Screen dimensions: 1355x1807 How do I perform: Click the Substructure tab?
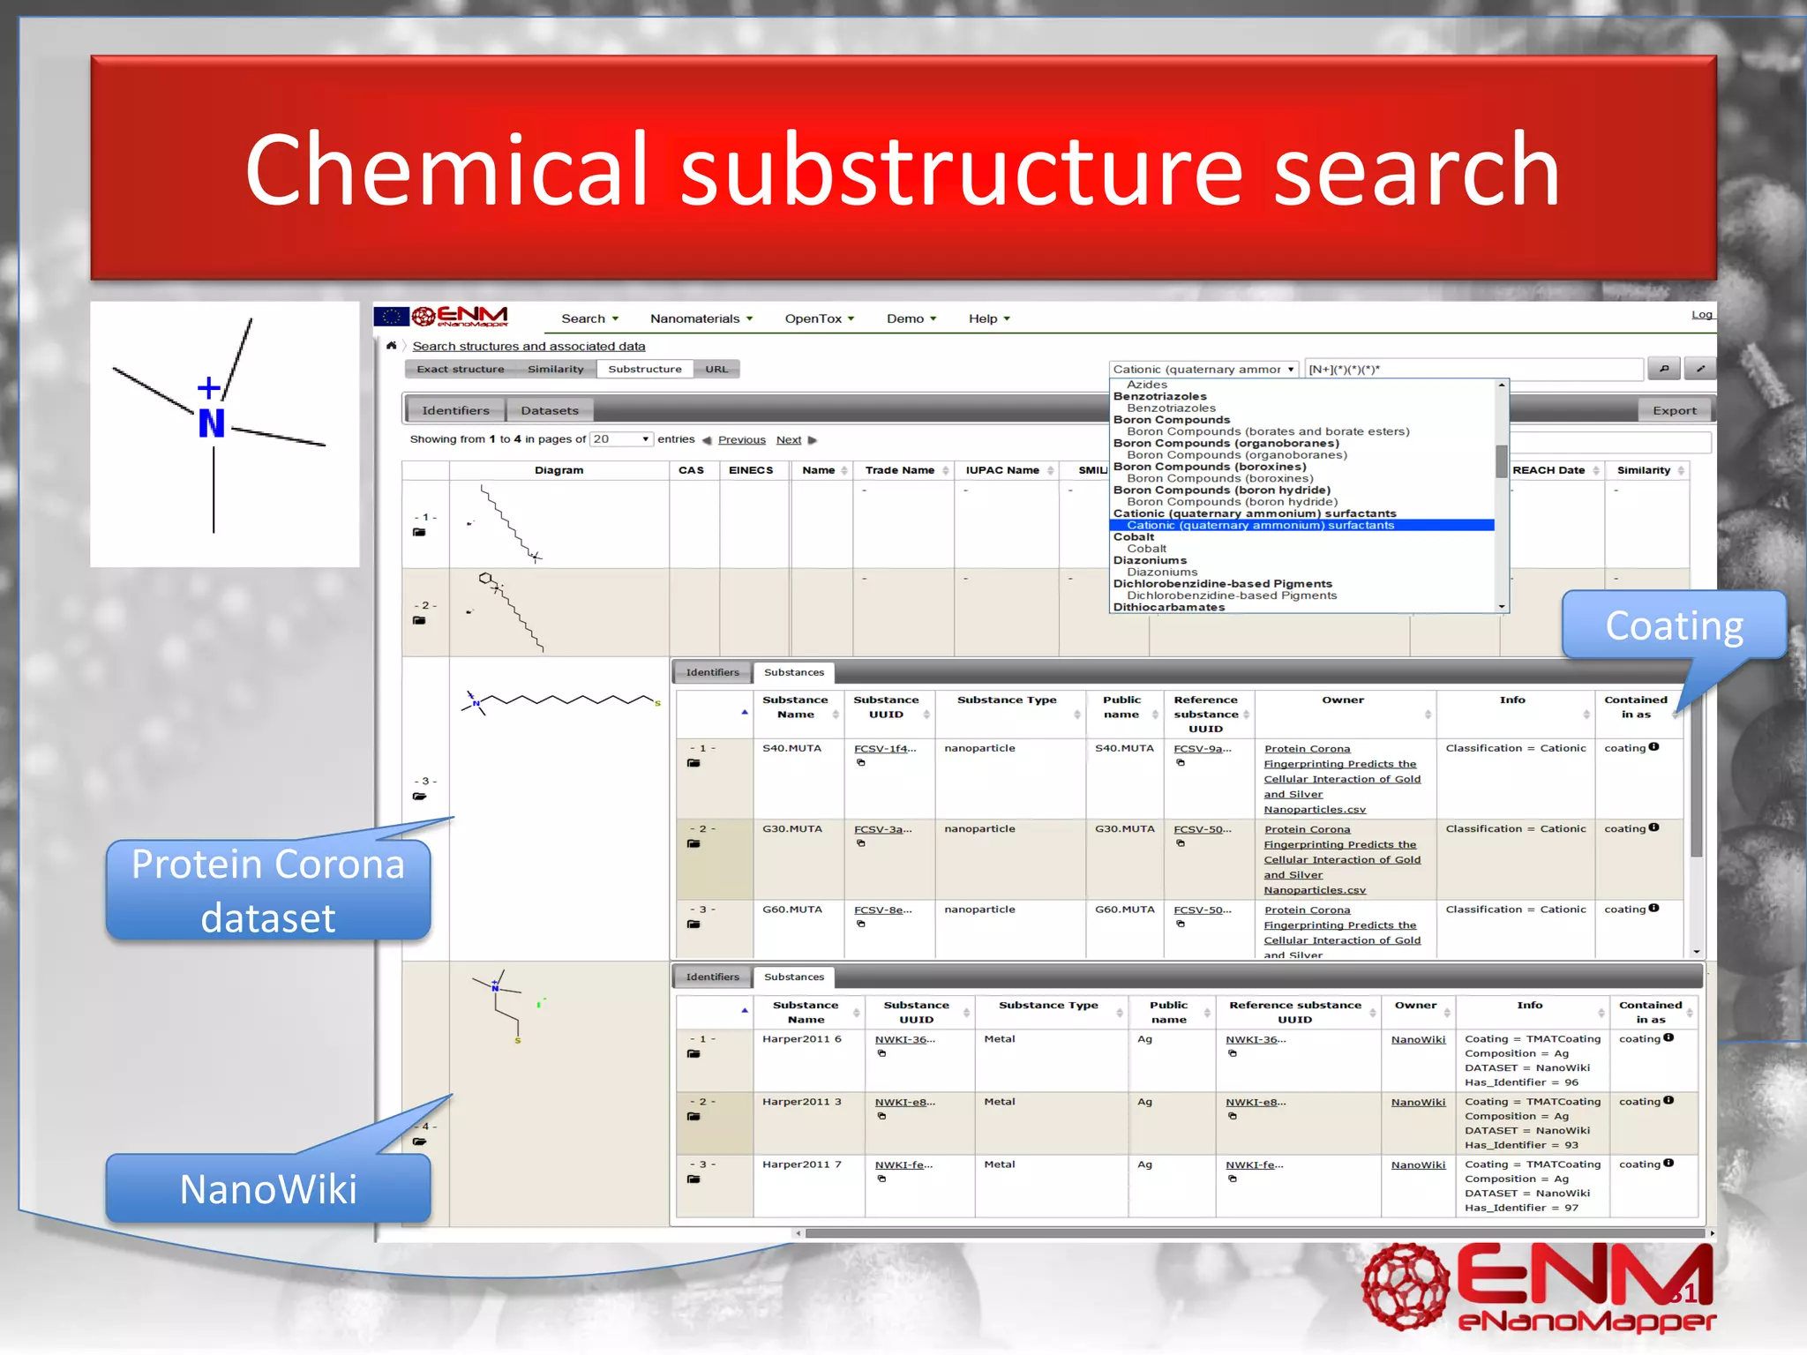coord(644,370)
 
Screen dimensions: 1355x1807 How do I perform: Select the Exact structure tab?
coord(460,370)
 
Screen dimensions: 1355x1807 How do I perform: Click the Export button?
coord(1674,410)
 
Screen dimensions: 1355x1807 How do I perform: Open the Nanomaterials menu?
coord(701,318)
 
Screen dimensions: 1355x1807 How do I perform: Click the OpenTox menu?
coord(819,318)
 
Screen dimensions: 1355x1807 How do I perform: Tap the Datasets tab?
coord(549,410)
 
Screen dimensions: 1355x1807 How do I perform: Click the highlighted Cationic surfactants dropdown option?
coord(1260,526)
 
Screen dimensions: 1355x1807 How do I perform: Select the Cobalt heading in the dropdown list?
coord(1134,537)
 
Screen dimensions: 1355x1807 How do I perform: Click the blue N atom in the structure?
coord(212,423)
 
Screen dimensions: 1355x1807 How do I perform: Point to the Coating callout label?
coord(1674,625)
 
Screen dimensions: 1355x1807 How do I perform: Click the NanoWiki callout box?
coord(268,1189)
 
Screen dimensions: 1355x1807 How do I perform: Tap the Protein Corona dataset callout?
coord(268,890)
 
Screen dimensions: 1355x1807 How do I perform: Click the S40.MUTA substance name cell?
coord(791,749)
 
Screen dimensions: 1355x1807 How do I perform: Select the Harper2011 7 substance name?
coord(801,1165)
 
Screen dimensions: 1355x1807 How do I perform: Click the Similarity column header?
coord(1643,470)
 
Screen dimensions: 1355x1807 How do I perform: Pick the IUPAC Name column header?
coord(1001,470)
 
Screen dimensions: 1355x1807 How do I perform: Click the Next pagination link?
coord(789,440)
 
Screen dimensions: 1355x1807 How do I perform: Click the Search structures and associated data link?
coord(529,347)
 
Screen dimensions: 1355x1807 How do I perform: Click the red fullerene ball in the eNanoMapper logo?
coord(1406,1286)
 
